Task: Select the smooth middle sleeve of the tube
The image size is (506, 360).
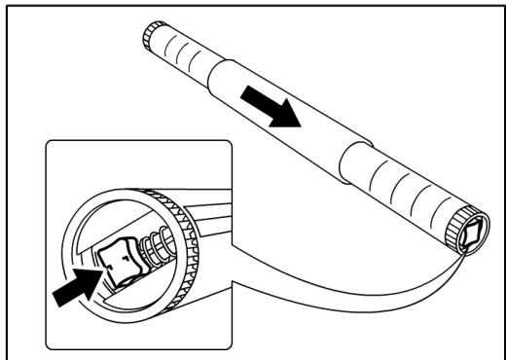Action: [282, 122]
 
